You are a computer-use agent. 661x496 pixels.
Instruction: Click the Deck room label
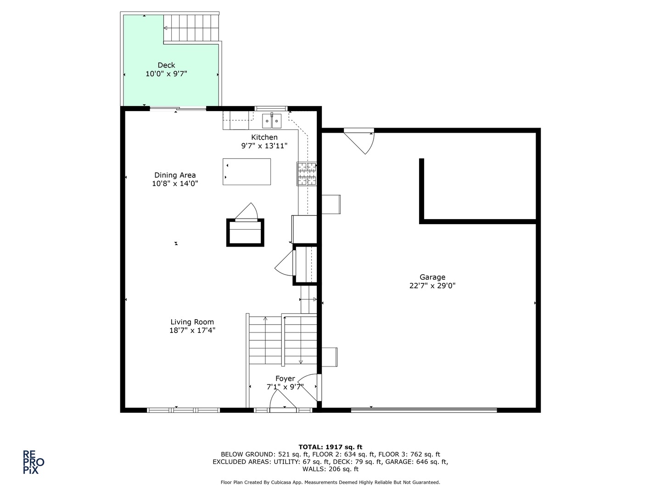[x=166, y=65]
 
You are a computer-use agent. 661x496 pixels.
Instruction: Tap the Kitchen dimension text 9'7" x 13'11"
[x=264, y=146]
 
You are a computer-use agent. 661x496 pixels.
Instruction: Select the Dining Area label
[x=175, y=175]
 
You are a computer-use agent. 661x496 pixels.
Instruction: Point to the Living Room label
[x=192, y=322]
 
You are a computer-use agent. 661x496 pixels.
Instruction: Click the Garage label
[x=432, y=277]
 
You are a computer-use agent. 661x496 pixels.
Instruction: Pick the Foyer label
[x=285, y=378]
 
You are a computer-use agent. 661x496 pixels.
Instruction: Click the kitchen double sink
[x=272, y=121]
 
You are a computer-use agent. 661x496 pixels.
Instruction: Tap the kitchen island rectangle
[x=246, y=172]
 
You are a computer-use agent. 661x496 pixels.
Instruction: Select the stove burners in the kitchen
[x=307, y=174]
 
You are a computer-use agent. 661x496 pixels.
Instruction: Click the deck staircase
[x=192, y=28]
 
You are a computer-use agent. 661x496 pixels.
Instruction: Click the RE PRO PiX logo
[x=34, y=462]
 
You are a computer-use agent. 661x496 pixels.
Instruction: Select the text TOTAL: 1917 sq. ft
[x=330, y=447]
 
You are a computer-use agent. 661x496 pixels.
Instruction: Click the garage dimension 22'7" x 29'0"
[x=432, y=286]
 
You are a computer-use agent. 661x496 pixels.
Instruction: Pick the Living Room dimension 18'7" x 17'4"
[x=192, y=330]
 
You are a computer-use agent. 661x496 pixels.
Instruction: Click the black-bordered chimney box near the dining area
[x=246, y=233]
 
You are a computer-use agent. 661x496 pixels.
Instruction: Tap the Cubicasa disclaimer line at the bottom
[x=330, y=482]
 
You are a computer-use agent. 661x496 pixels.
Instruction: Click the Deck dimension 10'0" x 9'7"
[x=166, y=73]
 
